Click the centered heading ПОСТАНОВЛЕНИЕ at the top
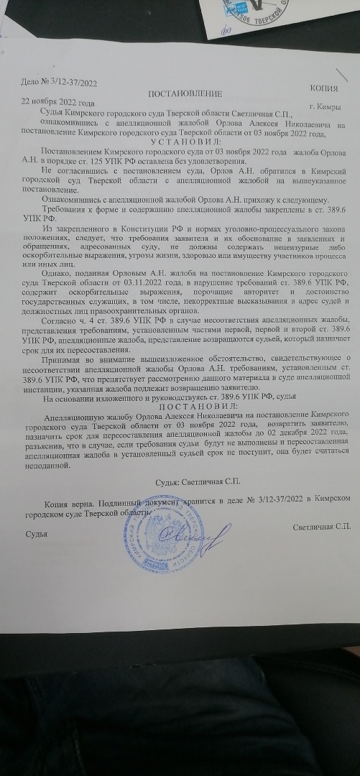click(185, 95)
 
